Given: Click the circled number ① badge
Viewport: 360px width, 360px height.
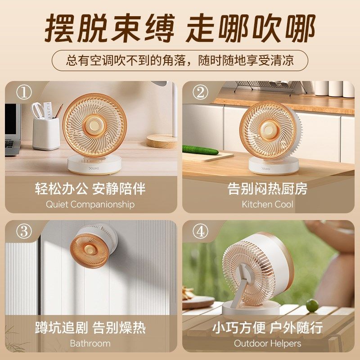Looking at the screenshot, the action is (x=24, y=92).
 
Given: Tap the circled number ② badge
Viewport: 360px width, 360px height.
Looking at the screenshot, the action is (x=200, y=92).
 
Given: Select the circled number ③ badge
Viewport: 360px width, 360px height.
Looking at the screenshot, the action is (x=24, y=231).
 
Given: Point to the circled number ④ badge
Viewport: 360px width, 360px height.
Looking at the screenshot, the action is (x=200, y=231).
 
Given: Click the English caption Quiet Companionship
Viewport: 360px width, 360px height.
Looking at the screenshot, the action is (x=90, y=204).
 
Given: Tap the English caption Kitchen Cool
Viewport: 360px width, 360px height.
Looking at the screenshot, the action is (x=267, y=204).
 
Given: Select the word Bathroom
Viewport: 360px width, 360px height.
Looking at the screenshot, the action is (x=90, y=343).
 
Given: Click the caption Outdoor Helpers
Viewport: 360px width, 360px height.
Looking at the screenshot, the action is (x=267, y=343).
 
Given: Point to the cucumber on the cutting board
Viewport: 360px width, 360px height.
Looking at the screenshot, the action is (x=200, y=150).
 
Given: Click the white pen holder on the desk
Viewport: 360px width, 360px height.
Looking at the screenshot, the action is (x=46, y=133).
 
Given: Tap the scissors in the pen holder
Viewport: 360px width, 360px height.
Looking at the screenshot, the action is (x=37, y=110).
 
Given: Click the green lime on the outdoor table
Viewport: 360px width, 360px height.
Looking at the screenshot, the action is (x=312, y=306).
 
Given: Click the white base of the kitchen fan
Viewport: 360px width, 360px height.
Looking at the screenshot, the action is (x=274, y=166).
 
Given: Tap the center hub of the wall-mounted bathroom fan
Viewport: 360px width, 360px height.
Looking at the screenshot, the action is (x=89, y=249).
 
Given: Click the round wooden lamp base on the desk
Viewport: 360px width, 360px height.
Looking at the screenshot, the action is (x=162, y=141).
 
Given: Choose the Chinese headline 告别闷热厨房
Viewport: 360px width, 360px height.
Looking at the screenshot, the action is (x=267, y=189).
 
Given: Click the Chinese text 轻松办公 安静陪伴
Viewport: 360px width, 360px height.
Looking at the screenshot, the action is (x=90, y=189).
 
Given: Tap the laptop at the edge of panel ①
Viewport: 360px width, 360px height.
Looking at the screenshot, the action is (x=13, y=130).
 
